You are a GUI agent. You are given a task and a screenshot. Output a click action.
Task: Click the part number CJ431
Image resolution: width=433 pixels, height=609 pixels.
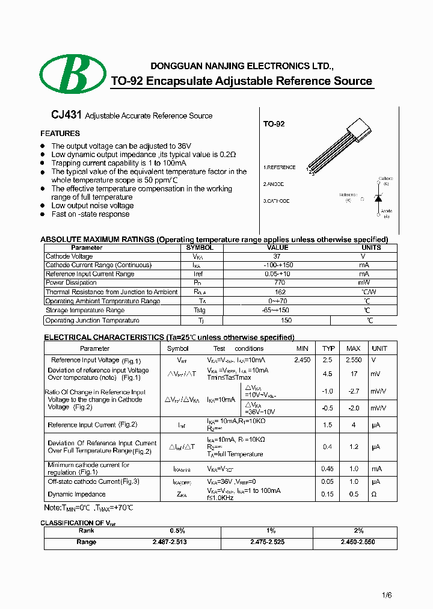tap(62, 115)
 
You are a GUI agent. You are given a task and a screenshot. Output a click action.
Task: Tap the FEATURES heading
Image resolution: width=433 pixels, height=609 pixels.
tap(60, 134)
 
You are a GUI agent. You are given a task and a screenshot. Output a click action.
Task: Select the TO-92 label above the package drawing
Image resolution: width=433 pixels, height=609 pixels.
tap(274, 124)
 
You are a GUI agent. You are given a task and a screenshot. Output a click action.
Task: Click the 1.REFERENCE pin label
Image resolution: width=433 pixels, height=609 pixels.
tap(279, 167)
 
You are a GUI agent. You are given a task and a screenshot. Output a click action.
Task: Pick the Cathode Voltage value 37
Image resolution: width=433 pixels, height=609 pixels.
tap(278, 256)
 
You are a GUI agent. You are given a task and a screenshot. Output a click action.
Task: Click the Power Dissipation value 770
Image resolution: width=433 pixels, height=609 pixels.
tap(278, 283)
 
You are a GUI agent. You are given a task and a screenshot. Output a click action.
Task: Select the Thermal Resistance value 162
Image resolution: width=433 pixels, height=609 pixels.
tap(278, 292)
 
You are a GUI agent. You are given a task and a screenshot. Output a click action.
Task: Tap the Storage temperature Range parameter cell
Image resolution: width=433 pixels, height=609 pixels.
tap(85, 311)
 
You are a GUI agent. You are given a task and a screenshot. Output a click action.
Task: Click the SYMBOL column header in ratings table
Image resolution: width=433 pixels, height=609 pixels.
tap(199, 247)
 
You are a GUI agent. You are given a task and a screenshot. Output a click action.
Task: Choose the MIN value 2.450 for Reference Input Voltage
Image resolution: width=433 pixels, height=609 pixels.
tap(302, 360)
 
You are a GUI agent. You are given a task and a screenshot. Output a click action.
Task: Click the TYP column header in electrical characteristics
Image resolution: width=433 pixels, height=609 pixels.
tap(328, 348)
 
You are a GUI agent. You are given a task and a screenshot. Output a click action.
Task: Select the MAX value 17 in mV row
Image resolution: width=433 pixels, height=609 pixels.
tap(353, 374)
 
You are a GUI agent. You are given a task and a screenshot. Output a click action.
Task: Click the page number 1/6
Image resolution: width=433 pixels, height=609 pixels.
tap(387, 595)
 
